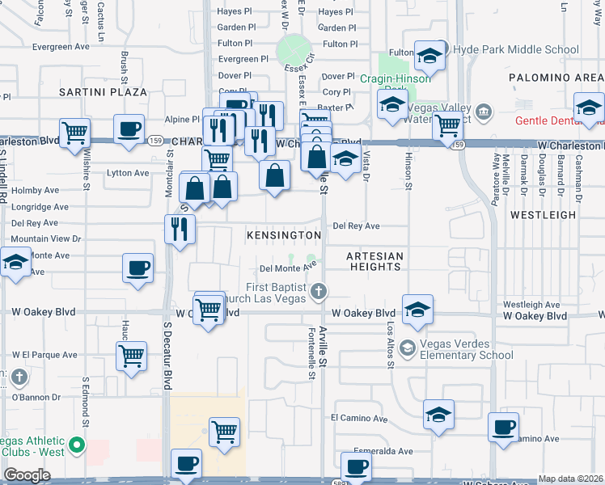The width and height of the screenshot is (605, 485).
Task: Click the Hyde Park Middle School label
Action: [516, 49]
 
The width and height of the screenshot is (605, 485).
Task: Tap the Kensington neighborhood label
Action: [284, 234]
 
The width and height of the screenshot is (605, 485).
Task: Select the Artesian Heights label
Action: [374, 256]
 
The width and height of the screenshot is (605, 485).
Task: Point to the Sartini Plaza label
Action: [103, 92]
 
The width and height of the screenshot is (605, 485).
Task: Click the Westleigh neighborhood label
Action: [543, 215]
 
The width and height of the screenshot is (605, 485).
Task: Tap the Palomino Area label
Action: [556, 78]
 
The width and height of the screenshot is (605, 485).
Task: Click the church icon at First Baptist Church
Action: [319, 290]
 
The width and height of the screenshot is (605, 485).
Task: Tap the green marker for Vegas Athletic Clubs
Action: [77, 445]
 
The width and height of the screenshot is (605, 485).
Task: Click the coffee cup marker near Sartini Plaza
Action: [129, 129]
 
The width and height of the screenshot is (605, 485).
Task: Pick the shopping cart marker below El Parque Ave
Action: [131, 354]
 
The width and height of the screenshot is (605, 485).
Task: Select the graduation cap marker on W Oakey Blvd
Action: [417, 310]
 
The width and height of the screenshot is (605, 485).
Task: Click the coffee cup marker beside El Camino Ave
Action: [503, 426]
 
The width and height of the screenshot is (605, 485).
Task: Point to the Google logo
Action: [27, 475]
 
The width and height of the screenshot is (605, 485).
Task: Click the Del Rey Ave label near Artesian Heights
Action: [356, 226]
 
